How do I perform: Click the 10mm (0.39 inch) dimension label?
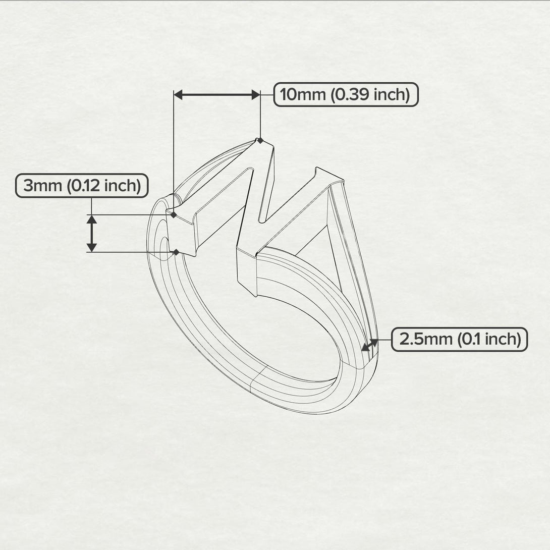point(346,94)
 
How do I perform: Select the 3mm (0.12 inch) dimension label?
point(82,186)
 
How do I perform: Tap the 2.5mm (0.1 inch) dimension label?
point(459,339)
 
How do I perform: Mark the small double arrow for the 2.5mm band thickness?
point(370,345)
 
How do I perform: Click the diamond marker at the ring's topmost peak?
point(260,141)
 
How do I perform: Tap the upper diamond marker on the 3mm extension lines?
point(174,215)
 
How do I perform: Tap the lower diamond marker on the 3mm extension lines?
point(176,252)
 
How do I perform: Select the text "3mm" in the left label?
point(42,186)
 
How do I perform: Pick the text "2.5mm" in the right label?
point(426,339)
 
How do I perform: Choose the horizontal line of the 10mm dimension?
point(217,94)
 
